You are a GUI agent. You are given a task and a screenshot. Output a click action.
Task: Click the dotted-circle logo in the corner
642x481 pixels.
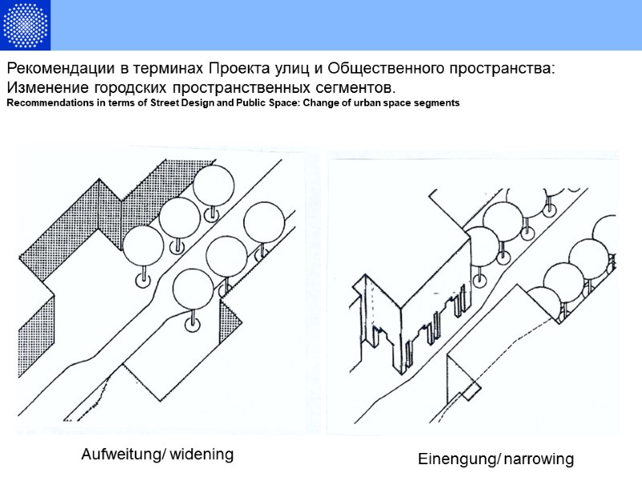26,24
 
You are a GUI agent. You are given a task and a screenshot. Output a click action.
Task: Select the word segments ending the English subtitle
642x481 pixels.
433,103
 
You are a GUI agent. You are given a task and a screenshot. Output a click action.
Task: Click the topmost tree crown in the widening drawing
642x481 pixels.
213,185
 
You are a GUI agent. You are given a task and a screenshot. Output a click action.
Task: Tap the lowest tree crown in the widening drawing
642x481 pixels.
193,290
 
